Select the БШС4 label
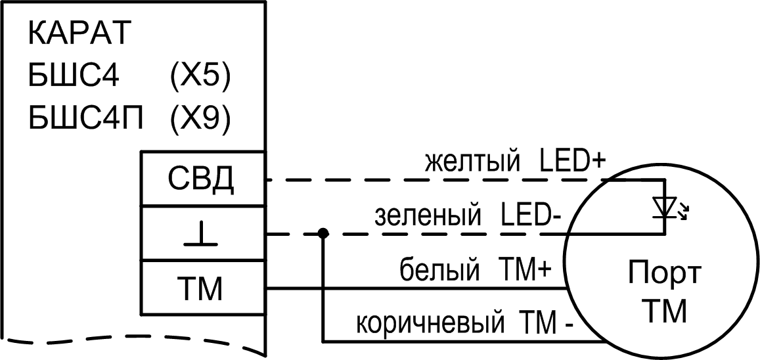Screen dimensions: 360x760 (x=74, y=78)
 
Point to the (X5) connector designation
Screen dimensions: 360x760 (x=200, y=78)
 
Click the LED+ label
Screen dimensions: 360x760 (x=569, y=162)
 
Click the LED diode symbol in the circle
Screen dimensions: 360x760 (x=665, y=206)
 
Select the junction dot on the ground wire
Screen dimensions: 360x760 (x=323, y=233)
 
